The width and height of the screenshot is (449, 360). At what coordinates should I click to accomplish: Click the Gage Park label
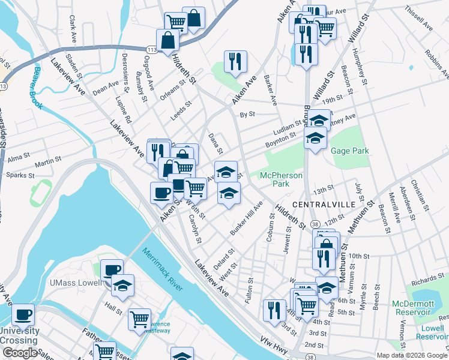350,151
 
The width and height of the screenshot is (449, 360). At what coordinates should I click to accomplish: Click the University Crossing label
20,335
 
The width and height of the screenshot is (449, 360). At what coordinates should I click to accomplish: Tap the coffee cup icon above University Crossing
23,314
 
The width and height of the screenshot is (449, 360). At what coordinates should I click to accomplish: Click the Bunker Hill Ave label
247,219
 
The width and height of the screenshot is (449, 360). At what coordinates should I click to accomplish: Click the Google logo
19,353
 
